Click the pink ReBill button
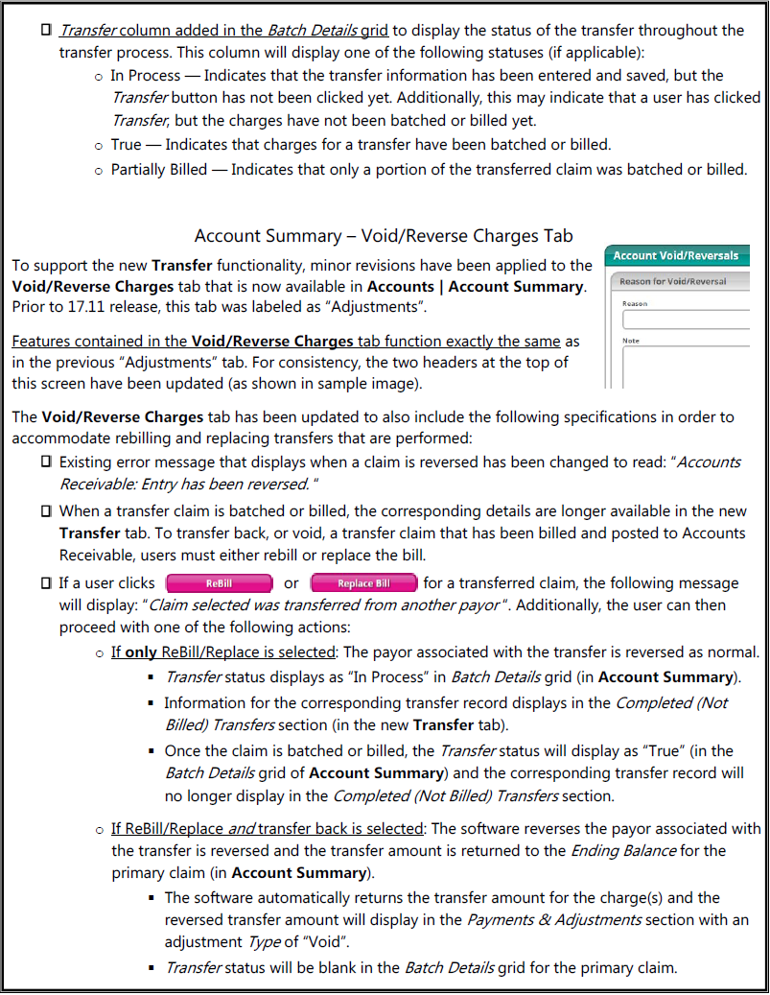219,583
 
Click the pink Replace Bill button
363,583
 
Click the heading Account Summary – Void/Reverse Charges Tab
384,236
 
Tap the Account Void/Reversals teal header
676,255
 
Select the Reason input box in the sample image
686,319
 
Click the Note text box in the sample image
686,367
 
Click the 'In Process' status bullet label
144,76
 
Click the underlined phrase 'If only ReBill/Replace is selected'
223,652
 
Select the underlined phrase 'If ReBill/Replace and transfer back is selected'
267,828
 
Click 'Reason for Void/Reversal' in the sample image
673,281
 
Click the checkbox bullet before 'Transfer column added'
46,32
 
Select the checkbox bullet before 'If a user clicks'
46,583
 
